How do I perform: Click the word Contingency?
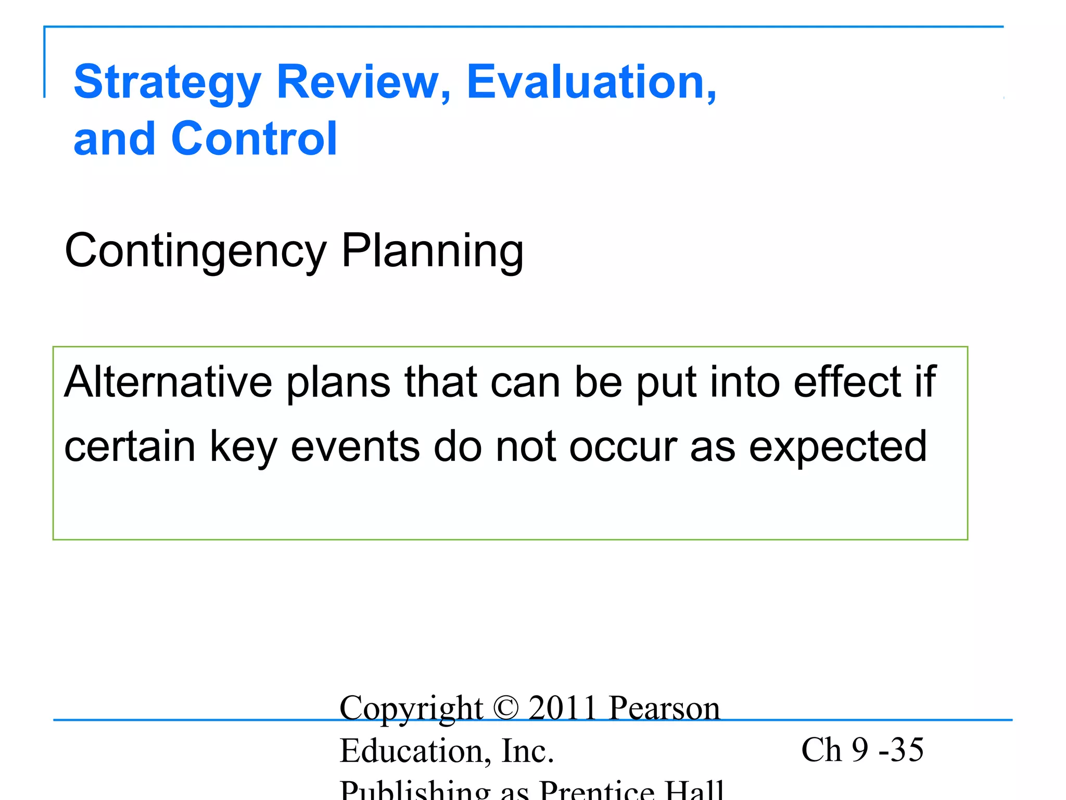click(x=195, y=252)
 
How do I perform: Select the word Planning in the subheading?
click(x=432, y=252)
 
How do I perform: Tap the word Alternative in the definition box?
click(x=168, y=382)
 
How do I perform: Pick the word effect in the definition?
click(x=847, y=382)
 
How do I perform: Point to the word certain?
click(x=130, y=446)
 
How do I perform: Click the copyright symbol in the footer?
click(x=506, y=708)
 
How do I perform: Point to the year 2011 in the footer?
click(x=562, y=708)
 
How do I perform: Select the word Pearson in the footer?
click(x=664, y=708)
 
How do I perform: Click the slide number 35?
click(x=907, y=749)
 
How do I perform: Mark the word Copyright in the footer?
click(x=411, y=709)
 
